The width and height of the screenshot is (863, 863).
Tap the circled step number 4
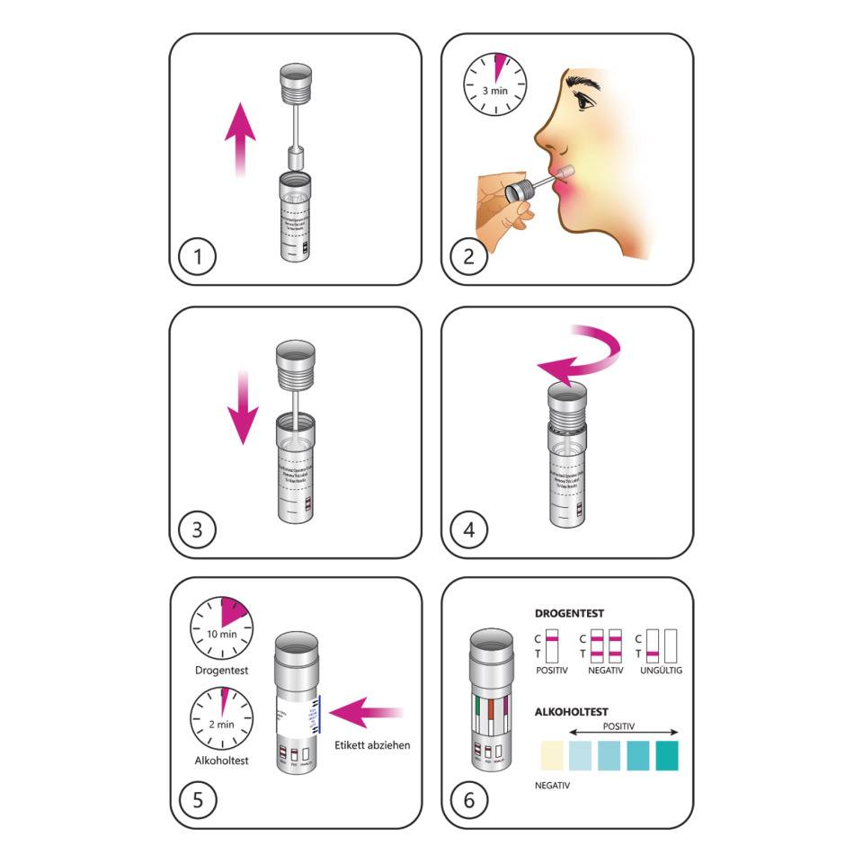pyautogui.click(x=468, y=529)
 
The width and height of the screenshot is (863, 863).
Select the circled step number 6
pyautogui.click(x=468, y=799)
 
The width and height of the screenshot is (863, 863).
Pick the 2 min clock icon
pyautogui.click(x=221, y=719)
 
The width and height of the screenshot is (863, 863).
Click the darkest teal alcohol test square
pyautogui.click(x=666, y=755)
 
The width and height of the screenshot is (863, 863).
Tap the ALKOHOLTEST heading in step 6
pyautogui.click(x=572, y=711)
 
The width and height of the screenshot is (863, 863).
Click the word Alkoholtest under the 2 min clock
pyautogui.click(x=221, y=761)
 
